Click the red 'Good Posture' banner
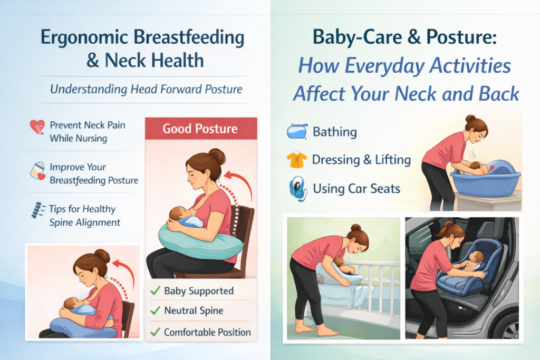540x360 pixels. coord(201,129)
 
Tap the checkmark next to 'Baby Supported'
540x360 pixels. coord(156,291)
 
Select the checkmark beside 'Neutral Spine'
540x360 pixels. coord(156,310)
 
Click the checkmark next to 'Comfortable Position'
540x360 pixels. coord(156,332)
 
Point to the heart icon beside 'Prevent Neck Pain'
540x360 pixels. coord(37,127)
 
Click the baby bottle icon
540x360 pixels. coord(37,170)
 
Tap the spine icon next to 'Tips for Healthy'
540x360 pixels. coord(37,210)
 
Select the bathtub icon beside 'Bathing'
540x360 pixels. coord(297,131)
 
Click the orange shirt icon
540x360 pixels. coord(296,159)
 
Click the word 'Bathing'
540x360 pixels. coord(335,132)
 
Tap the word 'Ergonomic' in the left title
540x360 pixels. coord(84,38)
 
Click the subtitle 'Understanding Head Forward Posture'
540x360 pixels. coord(147,89)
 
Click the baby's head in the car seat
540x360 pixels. coord(477,257)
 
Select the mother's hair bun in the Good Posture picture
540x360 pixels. coord(217,156)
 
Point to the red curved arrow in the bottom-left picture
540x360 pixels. coord(128,271)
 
